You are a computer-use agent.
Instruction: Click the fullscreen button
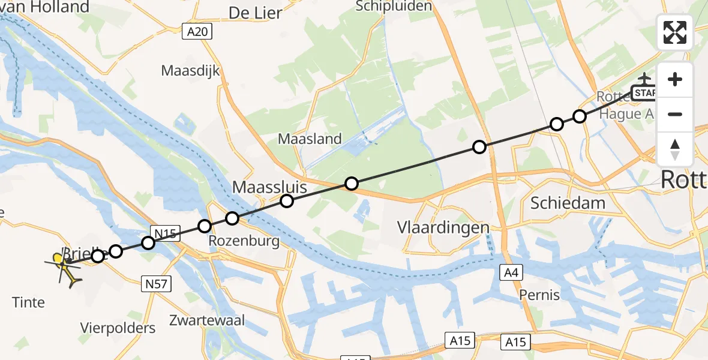click(675, 32)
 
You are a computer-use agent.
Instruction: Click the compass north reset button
click(675, 149)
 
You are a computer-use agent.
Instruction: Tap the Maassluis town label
click(269, 187)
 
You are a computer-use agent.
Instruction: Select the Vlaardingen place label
click(443, 227)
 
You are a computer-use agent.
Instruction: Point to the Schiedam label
click(568, 203)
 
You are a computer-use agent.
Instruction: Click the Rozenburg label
click(244, 241)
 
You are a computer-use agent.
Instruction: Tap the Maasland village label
click(310, 139)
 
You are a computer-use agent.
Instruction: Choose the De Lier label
click(255, 13)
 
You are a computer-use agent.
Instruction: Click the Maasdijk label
click(190, 71)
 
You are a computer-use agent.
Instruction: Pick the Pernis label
click(540, 295)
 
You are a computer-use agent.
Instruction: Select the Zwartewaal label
click(207, 320)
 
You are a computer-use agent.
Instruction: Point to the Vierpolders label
click(118, 328)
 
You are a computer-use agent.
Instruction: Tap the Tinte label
click(28, 302)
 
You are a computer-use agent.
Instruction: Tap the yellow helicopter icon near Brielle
click(64, 268)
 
